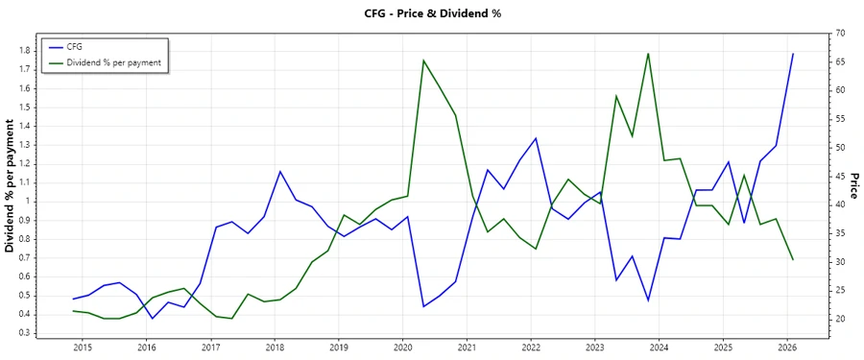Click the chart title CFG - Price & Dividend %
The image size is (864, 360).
[x=432, y=13]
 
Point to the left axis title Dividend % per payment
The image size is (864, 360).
[x=11, y=186]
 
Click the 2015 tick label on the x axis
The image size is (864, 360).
[x=82, y=347]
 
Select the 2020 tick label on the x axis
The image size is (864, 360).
[x=402, y=347]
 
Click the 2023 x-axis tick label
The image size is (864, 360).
[x=595, y=347]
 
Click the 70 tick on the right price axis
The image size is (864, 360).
[x=839, y=34]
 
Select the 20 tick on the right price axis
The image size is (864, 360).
[x=839, y=319]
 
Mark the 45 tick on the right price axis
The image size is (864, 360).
[x=839, y=176]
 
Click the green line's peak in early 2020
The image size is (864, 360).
[x=423, y=60]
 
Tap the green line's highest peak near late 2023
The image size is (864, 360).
[x=648, y=54]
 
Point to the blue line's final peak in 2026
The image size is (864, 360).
[x=793, y=54]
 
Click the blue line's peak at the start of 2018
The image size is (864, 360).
[x=279, y=172]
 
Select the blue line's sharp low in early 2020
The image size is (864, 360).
[x=423, y=306]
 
